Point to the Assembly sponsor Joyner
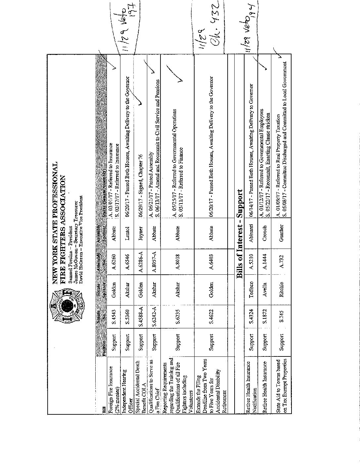coord(141,229)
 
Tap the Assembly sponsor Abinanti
coord(251,229)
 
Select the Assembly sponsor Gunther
coord(282,229)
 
